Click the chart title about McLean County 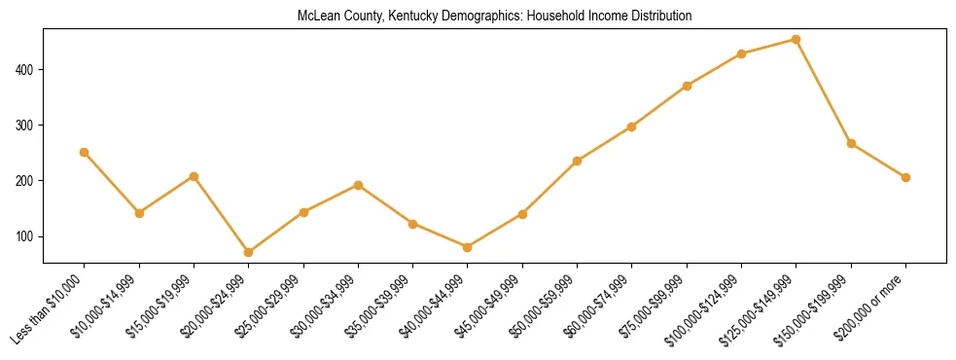[495, 17]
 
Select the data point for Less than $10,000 [85, 153]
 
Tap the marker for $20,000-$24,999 [249, 252]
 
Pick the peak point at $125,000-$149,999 [797, 40]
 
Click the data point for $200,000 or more [905, 177]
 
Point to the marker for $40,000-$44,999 [468, 247]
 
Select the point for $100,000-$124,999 [742, 54]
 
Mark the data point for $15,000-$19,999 [195, 176]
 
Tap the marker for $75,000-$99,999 [688, 86]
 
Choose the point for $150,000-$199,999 [851, 143]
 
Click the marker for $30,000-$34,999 [359, 185]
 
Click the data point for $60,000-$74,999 [632, 126]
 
